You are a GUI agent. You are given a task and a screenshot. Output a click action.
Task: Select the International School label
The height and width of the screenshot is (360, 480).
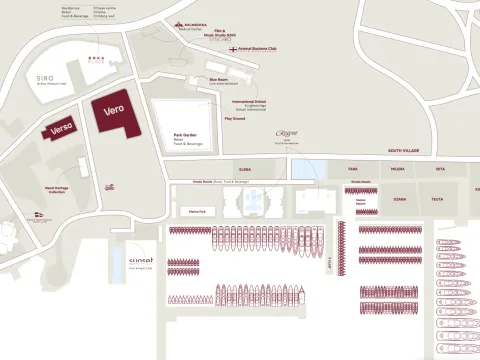(248, 101)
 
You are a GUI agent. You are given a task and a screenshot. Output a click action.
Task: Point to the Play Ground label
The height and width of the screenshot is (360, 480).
(235, 118)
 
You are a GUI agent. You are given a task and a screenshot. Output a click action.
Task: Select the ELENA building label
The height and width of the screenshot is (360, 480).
(244, 170)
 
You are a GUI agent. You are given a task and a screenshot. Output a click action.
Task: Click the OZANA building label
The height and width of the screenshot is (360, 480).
(399, 199)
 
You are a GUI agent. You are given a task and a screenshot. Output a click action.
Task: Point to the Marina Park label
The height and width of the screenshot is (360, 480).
(196, 212)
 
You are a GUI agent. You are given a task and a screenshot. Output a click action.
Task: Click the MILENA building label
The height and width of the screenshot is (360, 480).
(397, 170)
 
